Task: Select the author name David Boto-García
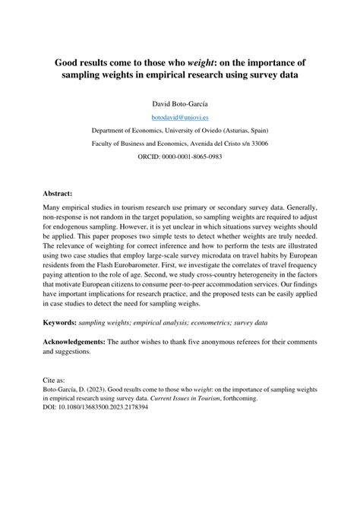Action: point(180,102)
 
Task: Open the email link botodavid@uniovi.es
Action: point(180,116)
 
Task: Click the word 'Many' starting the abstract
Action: point(51,207)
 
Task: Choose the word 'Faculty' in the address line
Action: point(106,144)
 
